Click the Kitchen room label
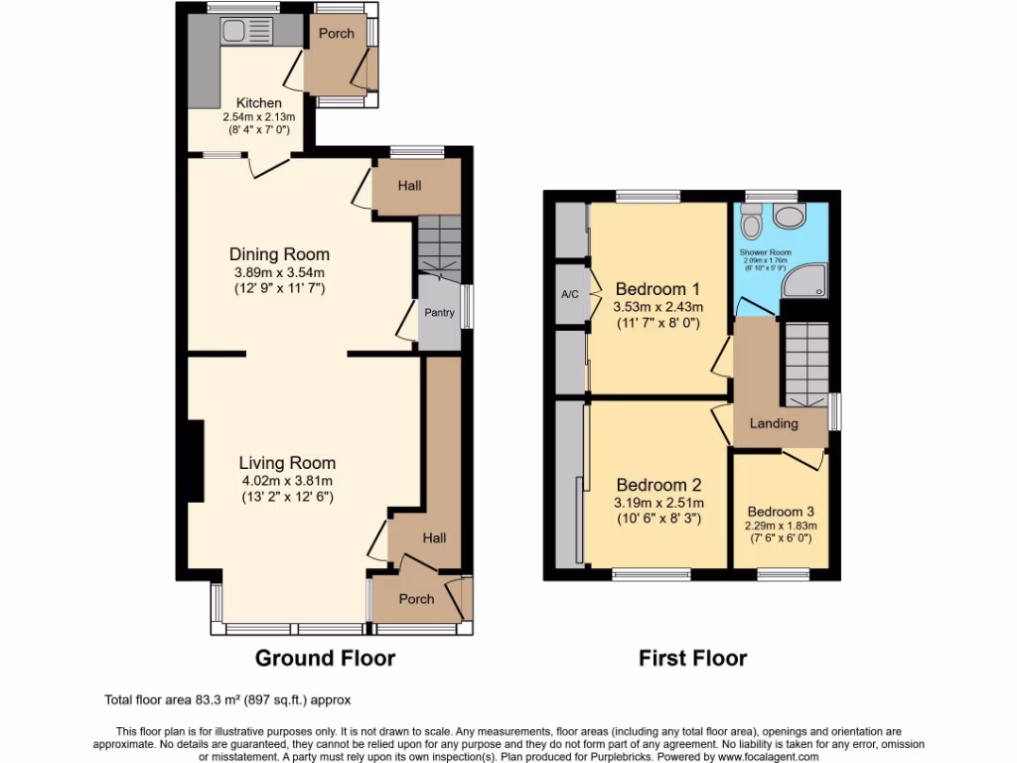[x=258, y=102]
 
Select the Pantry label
[x=439, y=313]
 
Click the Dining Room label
[x=279, y=254]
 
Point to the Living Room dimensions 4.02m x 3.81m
[x=287, y=481]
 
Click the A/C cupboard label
[x=569, y=294]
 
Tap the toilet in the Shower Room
[x=751, y=222]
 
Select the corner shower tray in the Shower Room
[x=804, y=282]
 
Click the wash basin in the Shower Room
[x=793, y=218]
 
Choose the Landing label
[x=774, y=423]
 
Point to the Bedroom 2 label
[x=658, y=485]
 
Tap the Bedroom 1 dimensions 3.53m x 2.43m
[x=658, y=307]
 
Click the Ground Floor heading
[x=325, y=658]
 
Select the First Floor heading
[x=692, y=658]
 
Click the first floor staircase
[x=805, y=363]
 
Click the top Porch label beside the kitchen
[x=336, y=33]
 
